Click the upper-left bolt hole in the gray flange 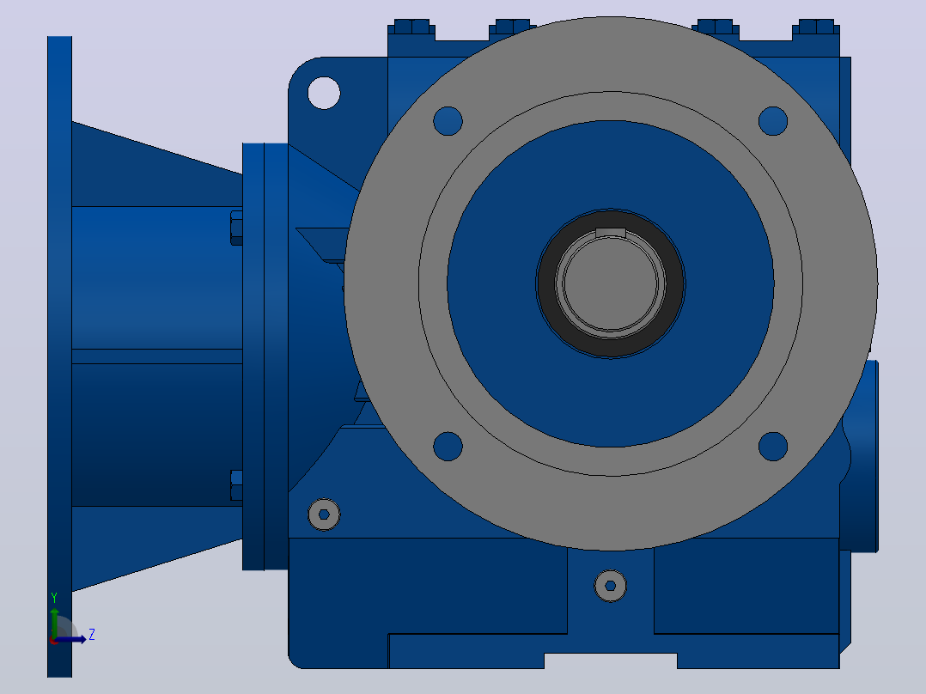point(448,121)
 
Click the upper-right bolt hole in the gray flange point(773,121)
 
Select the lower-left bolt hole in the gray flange point(448,446)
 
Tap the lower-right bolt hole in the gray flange point(773,446)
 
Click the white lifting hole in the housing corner point(324,93)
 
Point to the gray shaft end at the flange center point(611,283)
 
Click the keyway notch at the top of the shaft point(611,232)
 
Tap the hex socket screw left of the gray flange point(324,514)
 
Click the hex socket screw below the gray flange point(611,586)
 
